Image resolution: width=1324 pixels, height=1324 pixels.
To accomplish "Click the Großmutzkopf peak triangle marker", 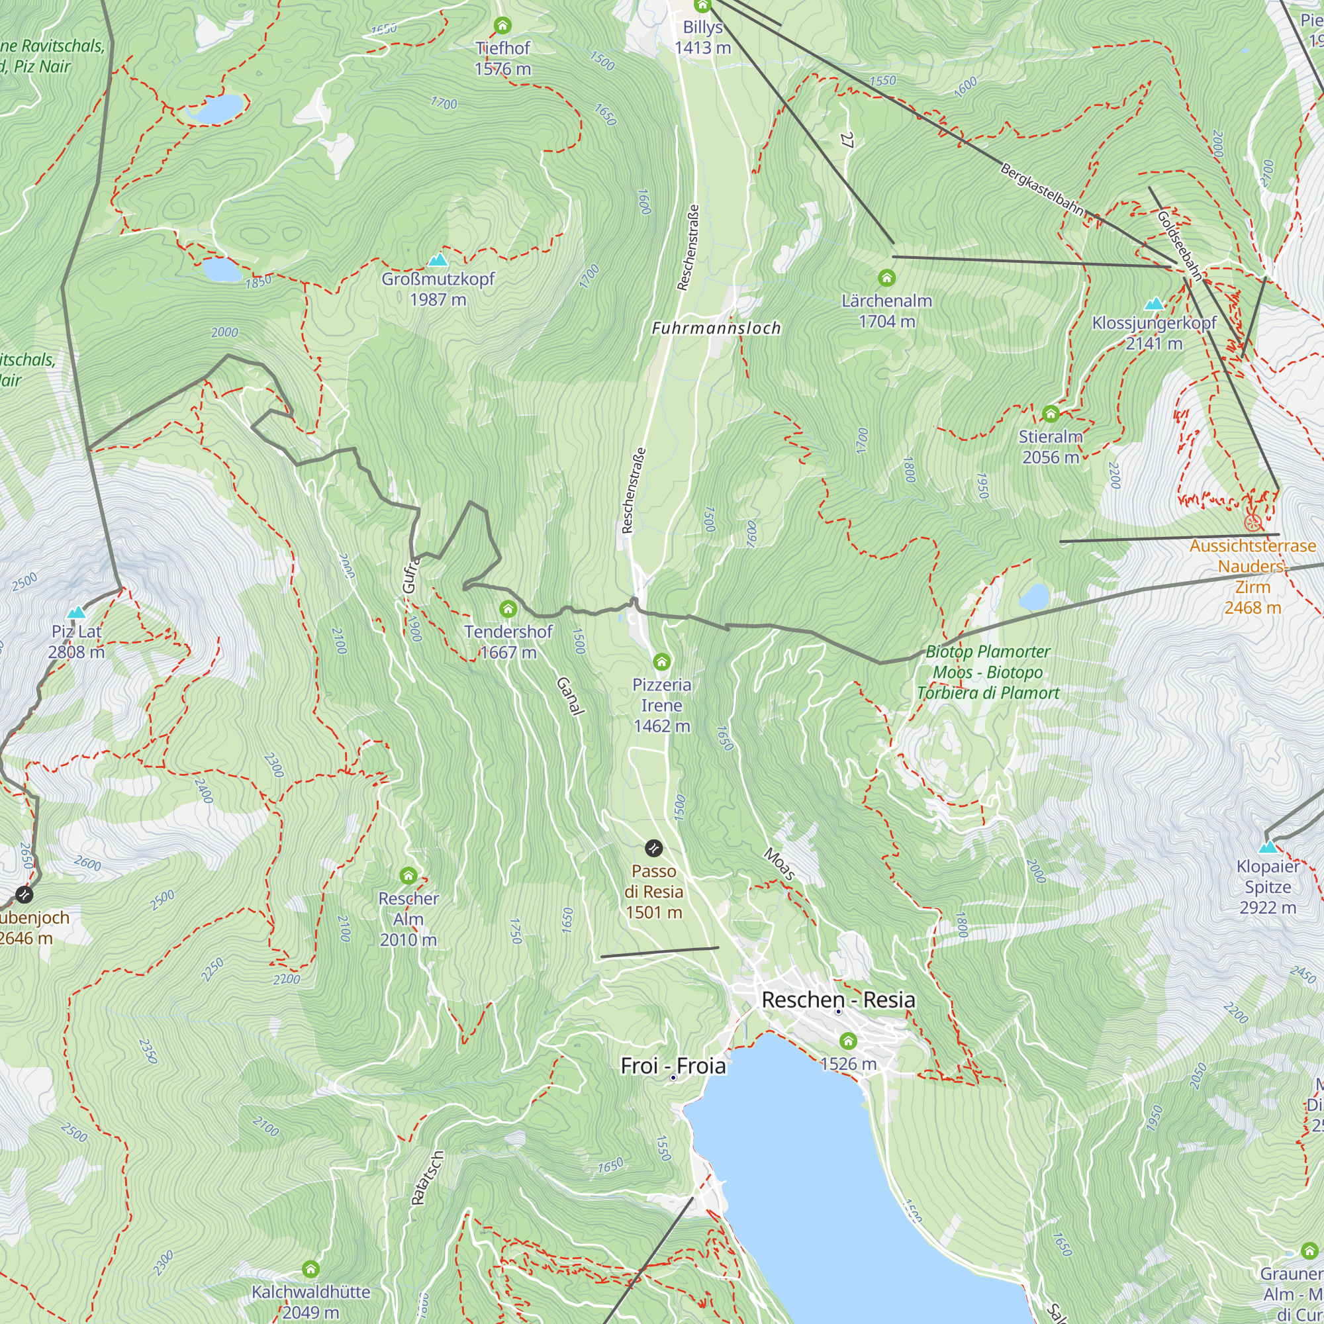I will pyautogui.click(x=438, y=260).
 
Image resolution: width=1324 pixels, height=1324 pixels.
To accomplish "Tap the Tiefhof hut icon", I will pyautogui.click(x=502, y=26).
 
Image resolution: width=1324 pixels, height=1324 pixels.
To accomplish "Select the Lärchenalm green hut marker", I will pyautogui.click(x=886, y=277).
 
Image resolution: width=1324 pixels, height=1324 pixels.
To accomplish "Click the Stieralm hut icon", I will pyautogui.click(x=1050, y=413).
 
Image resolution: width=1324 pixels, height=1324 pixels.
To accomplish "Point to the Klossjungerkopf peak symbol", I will pyautogui.click(x=1154, y=304).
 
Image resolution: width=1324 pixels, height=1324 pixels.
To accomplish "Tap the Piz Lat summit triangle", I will pyautogui.click(x=76, y=612).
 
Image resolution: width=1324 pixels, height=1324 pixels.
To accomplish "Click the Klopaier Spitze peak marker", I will pyautogui.click(x=1267, y=847).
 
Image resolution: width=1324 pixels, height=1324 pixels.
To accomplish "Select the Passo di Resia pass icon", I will pyautogui.click(x=654, y=849).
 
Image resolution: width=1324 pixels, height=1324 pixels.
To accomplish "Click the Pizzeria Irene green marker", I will pyautogui.click(x=661, y=661).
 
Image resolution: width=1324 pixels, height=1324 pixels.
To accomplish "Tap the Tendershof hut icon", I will pyautogui.click(x=508, y=608).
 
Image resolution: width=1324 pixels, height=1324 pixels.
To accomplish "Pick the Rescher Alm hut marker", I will pyautogui.click(x=408, y=875).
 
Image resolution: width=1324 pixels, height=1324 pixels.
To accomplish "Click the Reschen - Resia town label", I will pyautogui.click(x=838, y=1000).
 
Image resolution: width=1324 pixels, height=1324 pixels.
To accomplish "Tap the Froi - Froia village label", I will pyautogui.click(x=673, y=1066).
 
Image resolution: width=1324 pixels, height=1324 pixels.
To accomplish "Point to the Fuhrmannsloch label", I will pyautogui.click(x=716, y=328).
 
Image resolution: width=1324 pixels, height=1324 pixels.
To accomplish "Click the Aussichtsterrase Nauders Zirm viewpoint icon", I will pyautogui.click(x=1252, y=523).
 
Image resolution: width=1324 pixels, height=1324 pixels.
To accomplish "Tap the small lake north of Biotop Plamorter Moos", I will pyautogui.click(x=1034, y=597).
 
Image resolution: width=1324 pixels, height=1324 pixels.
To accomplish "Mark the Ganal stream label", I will pyautogui.click(x=570, y=696).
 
